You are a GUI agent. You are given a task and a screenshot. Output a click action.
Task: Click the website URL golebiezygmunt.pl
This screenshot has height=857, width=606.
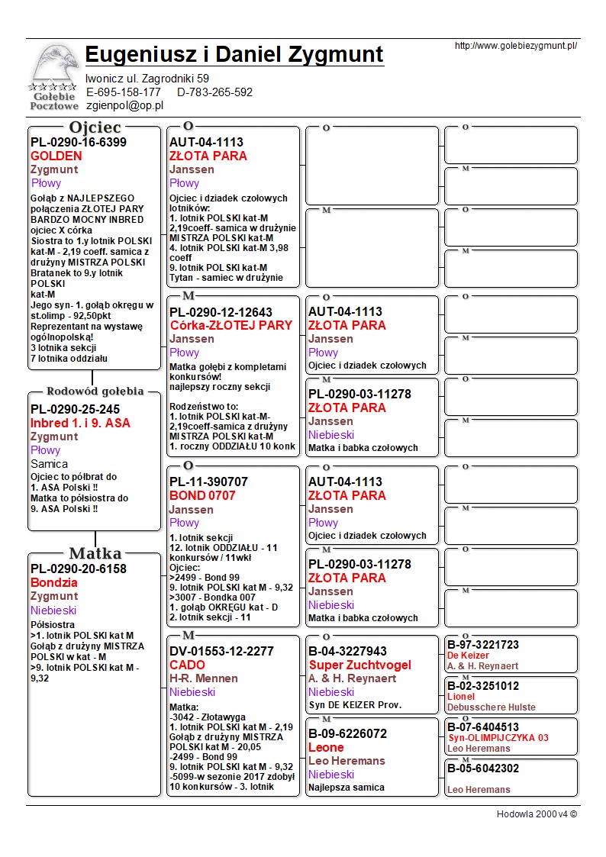coord(515,46)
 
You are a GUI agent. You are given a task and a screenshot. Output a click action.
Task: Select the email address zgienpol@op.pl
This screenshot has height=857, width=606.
coord(125,106)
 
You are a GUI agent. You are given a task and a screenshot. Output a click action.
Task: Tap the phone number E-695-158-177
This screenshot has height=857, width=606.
coord(124,92)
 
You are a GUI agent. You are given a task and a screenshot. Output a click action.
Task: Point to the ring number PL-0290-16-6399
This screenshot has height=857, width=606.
coord(79,142)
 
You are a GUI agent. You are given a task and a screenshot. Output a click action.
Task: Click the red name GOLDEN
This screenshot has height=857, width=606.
coord(56,156)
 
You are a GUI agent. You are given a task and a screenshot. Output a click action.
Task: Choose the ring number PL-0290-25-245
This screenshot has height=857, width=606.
coord(75,409)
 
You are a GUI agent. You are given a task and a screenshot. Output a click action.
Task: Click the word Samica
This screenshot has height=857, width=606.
coord(49,464)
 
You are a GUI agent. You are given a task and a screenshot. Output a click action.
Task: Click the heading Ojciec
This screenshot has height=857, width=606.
coord(95,127)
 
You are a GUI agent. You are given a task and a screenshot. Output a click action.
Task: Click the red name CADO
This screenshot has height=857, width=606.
coord(187,665)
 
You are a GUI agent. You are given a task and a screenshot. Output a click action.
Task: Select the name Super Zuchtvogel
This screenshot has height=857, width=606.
coord(359,665)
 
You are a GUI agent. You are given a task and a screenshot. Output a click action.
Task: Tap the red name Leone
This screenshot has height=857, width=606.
coord(326,747)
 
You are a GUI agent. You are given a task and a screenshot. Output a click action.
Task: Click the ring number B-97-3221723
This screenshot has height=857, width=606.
coord(482,645)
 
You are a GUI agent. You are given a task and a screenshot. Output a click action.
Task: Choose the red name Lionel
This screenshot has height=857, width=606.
coord(461,697)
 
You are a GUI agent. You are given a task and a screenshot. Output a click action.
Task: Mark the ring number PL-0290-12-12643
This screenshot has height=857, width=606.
coord(221,311)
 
